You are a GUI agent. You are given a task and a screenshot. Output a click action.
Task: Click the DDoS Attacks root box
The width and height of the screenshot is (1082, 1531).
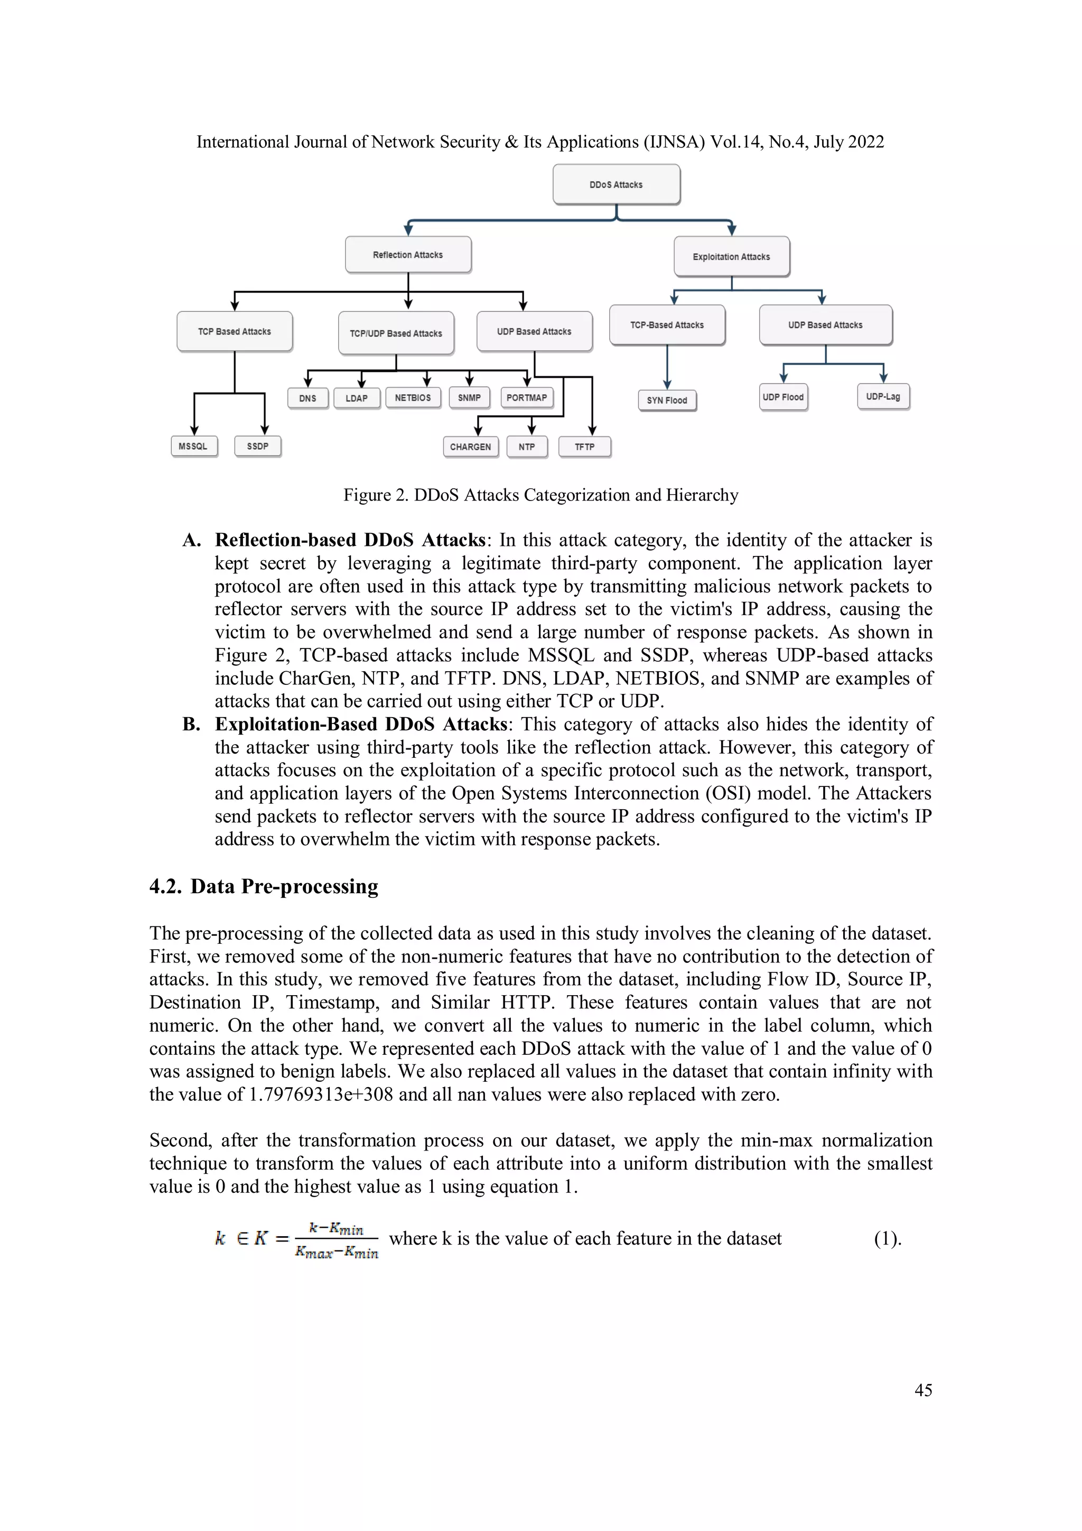(616, 185)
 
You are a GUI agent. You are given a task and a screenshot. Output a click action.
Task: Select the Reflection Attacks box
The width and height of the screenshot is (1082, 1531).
(408, 255)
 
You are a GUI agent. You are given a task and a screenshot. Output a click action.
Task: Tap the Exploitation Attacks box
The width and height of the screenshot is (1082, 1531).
(731, 257)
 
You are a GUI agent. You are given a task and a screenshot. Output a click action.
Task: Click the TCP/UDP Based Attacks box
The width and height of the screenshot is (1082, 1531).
(396, 333)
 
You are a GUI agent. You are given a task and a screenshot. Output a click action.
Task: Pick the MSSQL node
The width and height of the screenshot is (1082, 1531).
(193, 446)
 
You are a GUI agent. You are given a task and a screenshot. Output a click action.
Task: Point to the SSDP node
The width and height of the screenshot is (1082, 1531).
(257, 446)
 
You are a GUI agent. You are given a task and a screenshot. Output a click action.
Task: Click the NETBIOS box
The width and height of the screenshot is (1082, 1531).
(413, 398)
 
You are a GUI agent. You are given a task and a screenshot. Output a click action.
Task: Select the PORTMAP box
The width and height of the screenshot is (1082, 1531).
(527, 398)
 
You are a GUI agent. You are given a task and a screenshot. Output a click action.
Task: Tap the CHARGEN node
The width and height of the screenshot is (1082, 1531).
(470, 447)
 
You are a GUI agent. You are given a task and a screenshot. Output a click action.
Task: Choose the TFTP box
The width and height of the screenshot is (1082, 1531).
(585, 447)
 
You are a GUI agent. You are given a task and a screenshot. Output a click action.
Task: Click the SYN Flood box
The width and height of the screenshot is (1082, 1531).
(667, 400)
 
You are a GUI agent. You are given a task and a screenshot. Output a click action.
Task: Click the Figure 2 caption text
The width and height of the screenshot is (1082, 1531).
(540, 495)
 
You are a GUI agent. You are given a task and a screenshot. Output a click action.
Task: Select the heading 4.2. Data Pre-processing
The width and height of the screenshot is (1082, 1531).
(264, 886)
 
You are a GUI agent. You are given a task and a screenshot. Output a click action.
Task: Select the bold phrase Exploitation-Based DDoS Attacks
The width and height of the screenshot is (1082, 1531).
(361, 724)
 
